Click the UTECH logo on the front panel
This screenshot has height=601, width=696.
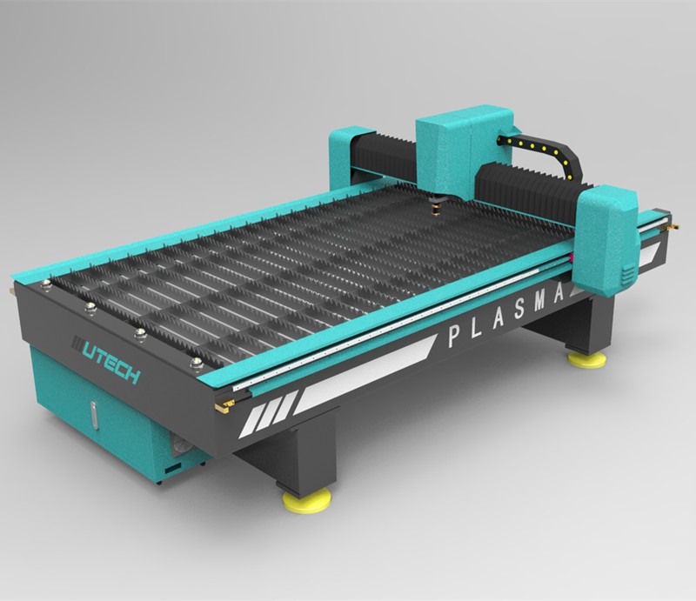(105, 360)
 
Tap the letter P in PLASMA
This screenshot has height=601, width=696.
(454, 337)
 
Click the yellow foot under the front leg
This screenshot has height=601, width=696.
(307, 500)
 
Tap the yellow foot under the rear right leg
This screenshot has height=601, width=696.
(586, 360)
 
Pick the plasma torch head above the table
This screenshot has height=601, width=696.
(437, 206)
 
